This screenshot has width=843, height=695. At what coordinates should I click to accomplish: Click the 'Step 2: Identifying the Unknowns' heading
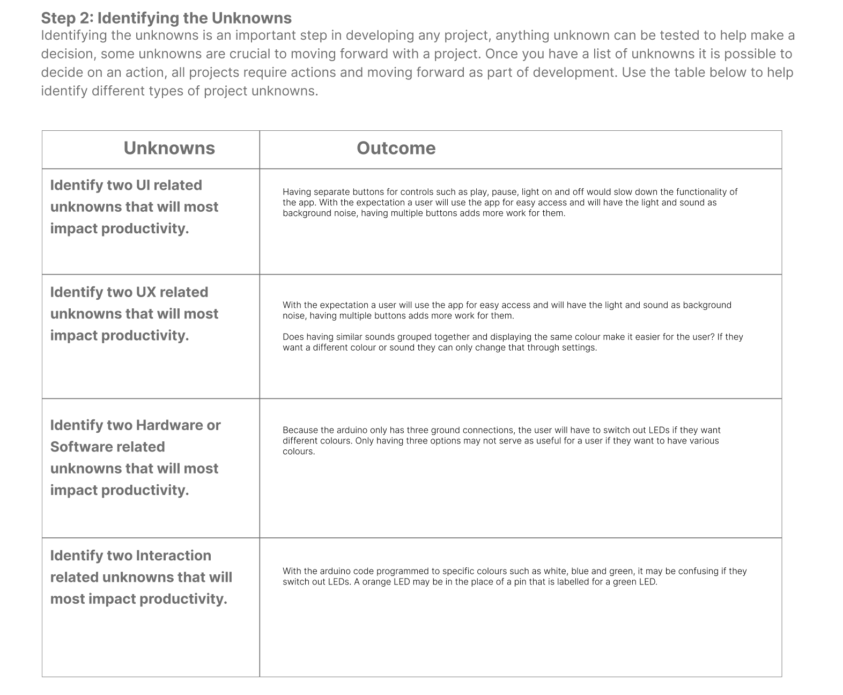coord(166,18)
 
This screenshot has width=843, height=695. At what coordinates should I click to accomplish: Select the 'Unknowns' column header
coord(169,148)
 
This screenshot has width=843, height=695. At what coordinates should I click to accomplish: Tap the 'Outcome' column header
coord(396,148)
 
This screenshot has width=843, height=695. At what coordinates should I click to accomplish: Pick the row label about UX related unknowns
coord(134,314)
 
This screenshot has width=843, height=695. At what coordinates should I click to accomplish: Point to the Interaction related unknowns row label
coord(140,577)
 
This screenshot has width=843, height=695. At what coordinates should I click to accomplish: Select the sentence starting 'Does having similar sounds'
coord(512,342)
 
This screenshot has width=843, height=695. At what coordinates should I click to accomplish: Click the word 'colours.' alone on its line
coord(299,452)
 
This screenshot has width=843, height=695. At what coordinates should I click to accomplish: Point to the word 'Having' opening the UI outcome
coord(297,192)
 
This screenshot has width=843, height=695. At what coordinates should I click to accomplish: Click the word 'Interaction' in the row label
coord(174,556)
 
